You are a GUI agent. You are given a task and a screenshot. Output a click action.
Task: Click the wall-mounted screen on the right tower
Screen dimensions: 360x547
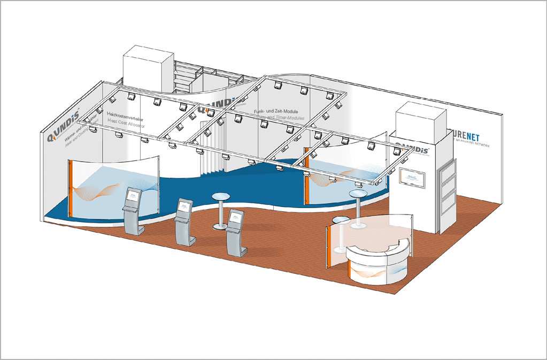413,179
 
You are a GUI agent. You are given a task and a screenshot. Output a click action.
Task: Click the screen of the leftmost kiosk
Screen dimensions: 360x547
132,196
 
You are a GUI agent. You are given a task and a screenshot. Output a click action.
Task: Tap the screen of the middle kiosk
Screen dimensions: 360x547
184,206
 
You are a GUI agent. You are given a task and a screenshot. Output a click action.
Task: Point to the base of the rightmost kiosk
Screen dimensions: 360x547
236,250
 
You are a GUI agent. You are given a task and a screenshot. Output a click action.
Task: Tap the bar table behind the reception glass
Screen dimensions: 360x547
341,220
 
